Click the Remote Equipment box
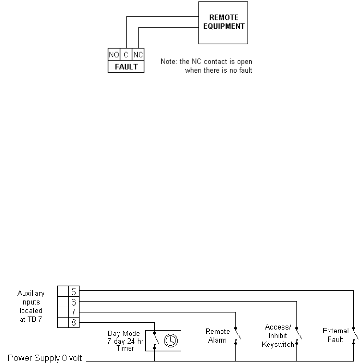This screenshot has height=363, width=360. [223, 23]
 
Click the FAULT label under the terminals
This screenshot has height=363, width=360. [126, 66]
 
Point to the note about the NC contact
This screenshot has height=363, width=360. [206, 66]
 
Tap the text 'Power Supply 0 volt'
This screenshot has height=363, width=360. [42, 359]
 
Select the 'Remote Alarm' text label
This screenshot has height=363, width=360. [218, 336]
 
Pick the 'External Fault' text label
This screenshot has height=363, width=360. [335, 335]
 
